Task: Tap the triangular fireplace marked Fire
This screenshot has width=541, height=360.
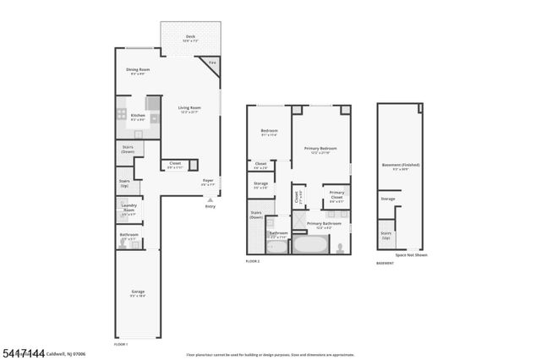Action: [x=211, y=64]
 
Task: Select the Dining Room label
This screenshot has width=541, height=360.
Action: [x=139, y=71]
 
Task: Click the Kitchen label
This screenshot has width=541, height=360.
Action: [x=138, y=117]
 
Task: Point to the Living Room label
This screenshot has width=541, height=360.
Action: [x=189, y=109]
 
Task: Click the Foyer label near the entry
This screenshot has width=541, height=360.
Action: [x=208, y=182]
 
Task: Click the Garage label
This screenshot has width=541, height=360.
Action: [x=137, y=293]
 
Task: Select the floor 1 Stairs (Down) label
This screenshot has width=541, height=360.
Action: [x=128, y=149]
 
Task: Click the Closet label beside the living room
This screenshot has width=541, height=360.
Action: [x=175, y=165]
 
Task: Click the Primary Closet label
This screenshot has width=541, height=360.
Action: [x=336, y=196]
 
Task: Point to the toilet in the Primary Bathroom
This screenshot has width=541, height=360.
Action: [x=340, y=248]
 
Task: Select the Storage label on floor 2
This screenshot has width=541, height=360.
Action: [x=260, y=185]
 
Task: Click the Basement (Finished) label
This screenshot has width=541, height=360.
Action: [x=401, y=166]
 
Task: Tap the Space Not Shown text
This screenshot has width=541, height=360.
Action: [x=411, y=254]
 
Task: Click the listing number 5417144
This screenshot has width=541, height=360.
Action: [x=23, y=352]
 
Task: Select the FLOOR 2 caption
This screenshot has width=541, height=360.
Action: [x=252, y=262]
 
